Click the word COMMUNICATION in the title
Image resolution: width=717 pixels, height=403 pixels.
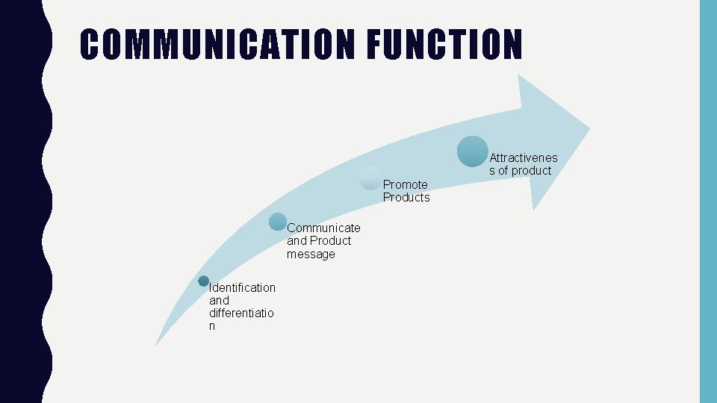(x=217, y=45)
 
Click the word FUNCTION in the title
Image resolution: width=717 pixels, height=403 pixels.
(x=444, y=45)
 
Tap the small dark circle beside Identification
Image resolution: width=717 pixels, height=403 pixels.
(x=203, y=281)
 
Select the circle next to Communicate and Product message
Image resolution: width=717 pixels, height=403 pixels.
(x=278, y=222)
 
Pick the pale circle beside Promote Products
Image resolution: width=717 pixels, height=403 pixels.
(x=370, y=178)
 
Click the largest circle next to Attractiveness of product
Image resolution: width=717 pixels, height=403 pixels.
(x=473, y=151)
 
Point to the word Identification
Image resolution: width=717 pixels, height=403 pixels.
(x=243, y=287)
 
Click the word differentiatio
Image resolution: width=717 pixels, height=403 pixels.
(x=241, y=313)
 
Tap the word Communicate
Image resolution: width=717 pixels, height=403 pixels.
(x=323, y=228)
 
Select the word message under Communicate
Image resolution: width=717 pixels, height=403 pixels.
(x=311, y=254)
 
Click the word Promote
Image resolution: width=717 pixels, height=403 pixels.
(x=406, y=184)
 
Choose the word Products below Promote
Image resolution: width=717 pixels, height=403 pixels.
(x=406, y=198)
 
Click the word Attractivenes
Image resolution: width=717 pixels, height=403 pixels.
(x=524, y=157)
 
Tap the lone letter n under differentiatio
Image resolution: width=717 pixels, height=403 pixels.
(x=213, y=327)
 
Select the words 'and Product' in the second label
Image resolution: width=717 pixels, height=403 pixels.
(x=319, y=241)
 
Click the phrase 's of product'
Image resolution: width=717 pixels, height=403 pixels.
(x=521, y=171)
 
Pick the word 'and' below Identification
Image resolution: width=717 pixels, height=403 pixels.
(x=219, y=300)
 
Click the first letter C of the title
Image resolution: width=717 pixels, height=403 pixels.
(x=90, y=45)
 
